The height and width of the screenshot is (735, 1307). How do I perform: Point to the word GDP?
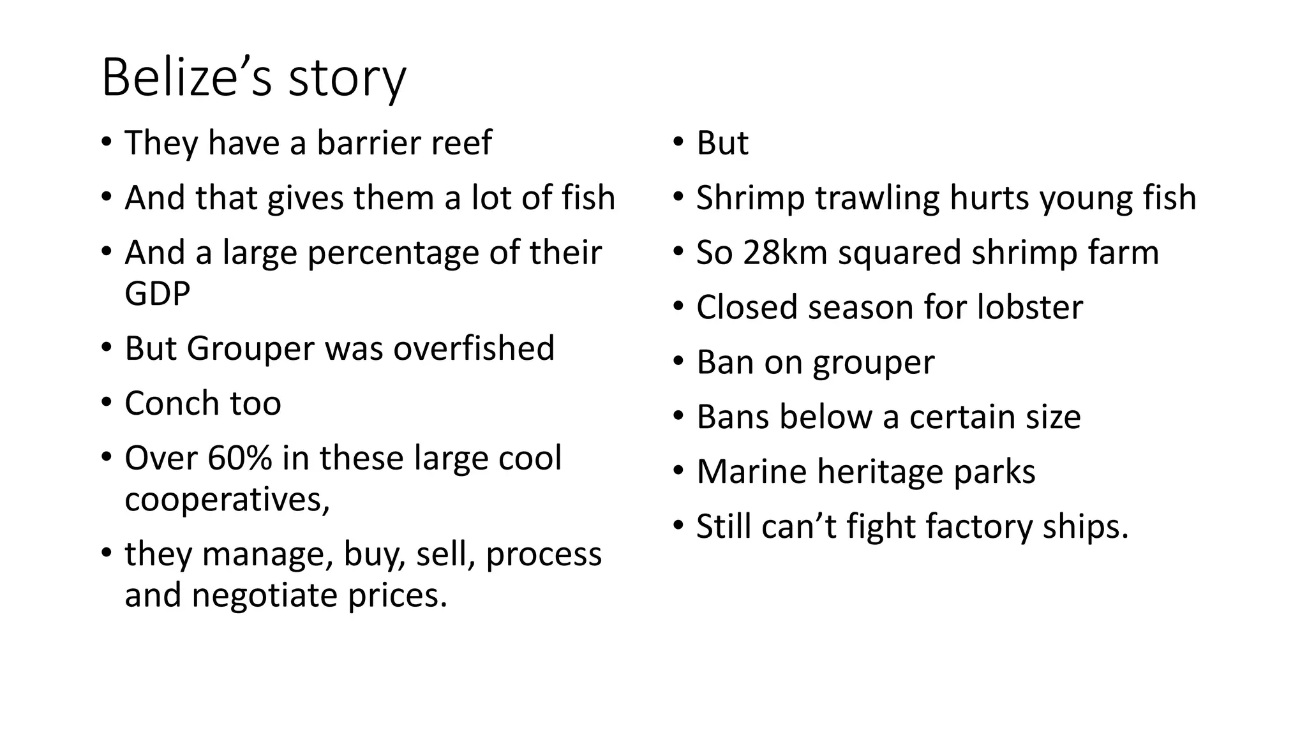pos(157,293)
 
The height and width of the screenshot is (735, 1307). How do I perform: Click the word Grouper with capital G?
pos(250,349)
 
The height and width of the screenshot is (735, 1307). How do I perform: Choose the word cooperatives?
pos(227,499)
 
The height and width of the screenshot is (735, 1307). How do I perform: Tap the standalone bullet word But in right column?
pos(722,143)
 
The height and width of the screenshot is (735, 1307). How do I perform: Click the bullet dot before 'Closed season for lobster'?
pos(678,308)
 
